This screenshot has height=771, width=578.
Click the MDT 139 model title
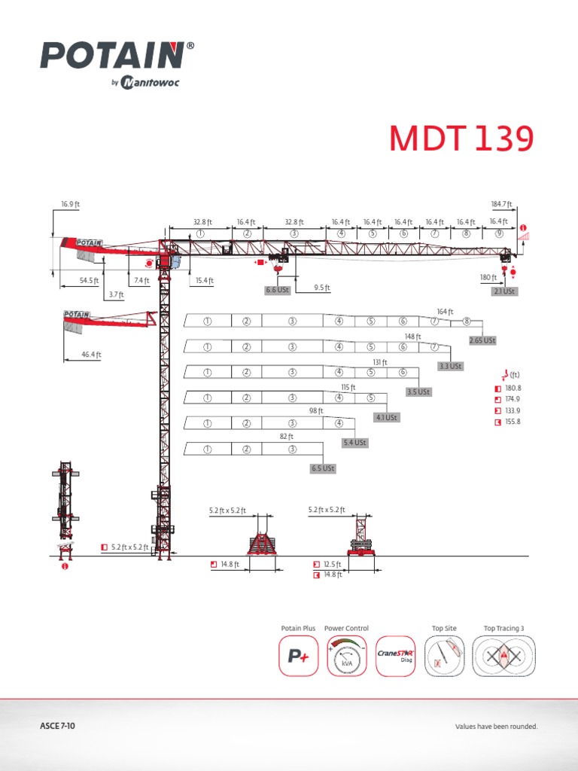click(x=461, y=139)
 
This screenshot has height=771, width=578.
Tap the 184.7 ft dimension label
click(x=500, y=204)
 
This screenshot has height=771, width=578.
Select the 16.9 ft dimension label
click(x=71, y=204)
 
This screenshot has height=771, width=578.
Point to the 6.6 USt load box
click(x=277, y=289)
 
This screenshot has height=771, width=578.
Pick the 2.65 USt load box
click(x=482, y=340)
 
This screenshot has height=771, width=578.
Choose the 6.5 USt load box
click(x=323, y=468)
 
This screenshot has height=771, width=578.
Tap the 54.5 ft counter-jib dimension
click(x=90, y=280)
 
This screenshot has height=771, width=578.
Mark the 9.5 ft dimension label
click(x=322, y=287)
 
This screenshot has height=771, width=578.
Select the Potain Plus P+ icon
click(x=299, y=657)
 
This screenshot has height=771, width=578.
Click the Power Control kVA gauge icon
click(x=346, y=657)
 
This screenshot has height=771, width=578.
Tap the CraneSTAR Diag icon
click(x=396, y=657)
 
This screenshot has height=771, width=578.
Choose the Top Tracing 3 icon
click(x=504, y=657)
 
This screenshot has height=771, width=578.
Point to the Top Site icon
click(x=444, y=657)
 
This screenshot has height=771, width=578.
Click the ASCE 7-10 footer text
click(x=57, y=727)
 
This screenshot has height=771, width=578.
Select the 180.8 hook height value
click(x=513, y=388)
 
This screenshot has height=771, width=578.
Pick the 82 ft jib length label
click(x=286, y=437)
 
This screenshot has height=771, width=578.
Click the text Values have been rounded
click(x=496, y=727)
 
